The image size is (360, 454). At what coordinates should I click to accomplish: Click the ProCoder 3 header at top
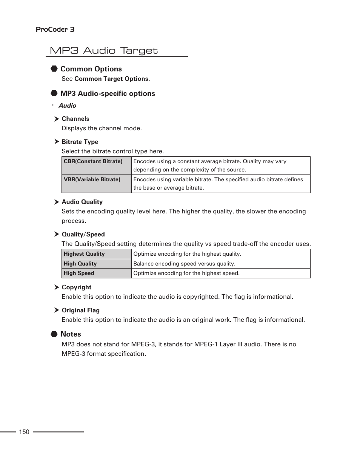pos(55,29)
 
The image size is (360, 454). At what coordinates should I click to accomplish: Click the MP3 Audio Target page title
pos(104,51)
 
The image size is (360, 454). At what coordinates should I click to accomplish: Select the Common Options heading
pos(91,69)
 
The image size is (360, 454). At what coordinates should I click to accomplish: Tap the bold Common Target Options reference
pos(112,79)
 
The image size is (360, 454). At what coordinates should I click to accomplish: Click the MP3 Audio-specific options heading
pos(108,94)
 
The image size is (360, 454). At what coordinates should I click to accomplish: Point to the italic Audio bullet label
pos(67,106)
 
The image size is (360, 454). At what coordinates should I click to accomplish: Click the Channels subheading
pos(75,119)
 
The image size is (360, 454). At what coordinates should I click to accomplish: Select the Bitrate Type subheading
pos(80,142)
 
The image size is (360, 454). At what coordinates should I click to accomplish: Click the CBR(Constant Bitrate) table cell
pos(93,162)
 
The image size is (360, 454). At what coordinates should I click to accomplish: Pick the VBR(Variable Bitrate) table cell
pos(92,180)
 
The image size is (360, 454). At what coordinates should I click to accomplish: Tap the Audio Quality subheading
pos(82,202)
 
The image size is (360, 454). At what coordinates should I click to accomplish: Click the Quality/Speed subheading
pos(83,235)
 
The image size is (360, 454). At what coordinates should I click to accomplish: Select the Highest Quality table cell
pos(84,254)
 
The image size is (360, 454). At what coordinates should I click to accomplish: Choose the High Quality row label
pos(80,264)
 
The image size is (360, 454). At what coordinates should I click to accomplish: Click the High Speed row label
pos(79,273)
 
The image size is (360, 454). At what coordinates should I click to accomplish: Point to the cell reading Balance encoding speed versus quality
pos(184,264)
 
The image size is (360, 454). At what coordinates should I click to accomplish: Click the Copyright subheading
pos(76,287)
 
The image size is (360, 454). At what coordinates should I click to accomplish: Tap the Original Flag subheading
pos(80,310)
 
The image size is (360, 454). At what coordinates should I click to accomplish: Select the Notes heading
pos(71,334)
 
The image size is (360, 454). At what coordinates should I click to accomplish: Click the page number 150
pos(24,432)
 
